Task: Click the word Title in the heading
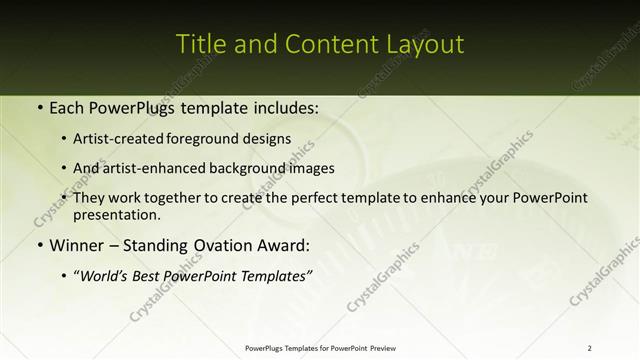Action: click(x=199, y=45)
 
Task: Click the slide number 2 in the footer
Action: click(x=590, y=348)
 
